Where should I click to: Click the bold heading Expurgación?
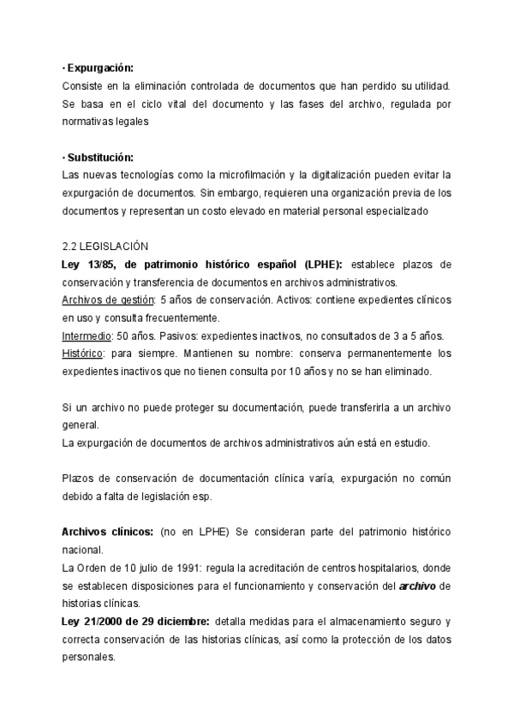click(100, 67)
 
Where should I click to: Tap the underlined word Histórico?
click(85, 353)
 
